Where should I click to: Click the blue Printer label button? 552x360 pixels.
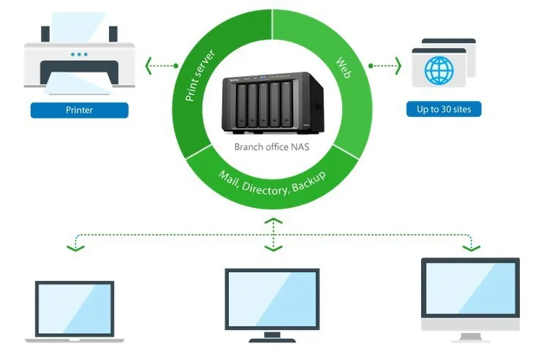[79, 110]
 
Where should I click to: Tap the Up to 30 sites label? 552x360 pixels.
[444, 109]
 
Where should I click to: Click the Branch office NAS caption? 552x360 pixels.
[272, 147]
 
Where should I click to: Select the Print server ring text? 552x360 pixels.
[200, 76]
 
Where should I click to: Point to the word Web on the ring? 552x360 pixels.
[344, 67]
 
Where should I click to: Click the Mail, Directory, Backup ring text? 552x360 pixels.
[272, 183]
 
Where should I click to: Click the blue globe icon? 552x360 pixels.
[439, 70]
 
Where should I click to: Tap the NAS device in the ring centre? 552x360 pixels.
[273, 103]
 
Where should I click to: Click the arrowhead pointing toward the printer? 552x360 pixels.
[148, 66]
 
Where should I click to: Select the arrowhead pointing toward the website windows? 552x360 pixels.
[398, 66]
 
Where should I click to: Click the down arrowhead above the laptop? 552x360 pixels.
[75, 248]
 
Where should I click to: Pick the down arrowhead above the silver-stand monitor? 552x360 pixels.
[472, 248]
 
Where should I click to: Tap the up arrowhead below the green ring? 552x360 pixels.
[273, 221]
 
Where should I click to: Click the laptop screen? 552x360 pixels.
[75, 309]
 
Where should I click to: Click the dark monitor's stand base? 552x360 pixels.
[272, 340]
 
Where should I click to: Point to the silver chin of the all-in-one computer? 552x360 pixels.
[470, 324]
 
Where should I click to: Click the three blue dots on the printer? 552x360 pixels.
[79, 54]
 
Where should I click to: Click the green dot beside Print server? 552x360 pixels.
[176, 66]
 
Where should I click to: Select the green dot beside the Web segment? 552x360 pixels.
[371, 66]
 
